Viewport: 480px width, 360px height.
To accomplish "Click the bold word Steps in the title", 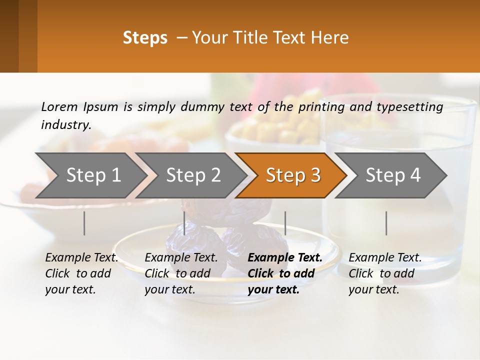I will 145,38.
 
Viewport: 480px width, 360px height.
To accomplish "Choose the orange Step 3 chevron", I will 293,175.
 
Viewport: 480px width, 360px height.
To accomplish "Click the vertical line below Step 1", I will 84,223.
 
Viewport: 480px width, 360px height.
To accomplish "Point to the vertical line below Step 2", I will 184,223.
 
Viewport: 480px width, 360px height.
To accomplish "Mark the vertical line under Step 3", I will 285,223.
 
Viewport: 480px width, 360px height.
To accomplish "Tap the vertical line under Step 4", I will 386,223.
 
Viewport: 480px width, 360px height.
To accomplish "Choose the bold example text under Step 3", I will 284,273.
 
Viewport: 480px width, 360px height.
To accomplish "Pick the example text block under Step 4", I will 385,273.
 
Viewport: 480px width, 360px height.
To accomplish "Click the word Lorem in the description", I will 59,106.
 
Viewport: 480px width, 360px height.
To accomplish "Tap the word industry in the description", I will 65,125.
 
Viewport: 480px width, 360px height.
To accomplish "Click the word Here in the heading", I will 330,38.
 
